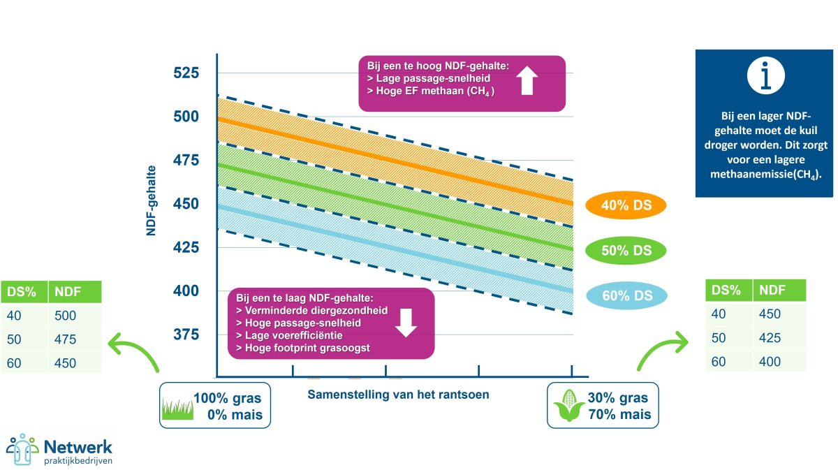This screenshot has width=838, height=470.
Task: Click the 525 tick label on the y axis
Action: (x=185, y=73)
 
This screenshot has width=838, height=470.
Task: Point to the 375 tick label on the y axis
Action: (x=185, y=335)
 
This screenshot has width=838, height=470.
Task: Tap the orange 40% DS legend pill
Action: (x=624, y=205)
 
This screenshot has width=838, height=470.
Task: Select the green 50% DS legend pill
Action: (x=624, y=250)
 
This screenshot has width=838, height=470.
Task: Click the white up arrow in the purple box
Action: (x=527, y=80)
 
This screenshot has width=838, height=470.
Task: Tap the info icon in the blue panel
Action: (x=765, y=75)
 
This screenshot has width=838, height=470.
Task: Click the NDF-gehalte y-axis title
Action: (x=152, y=199)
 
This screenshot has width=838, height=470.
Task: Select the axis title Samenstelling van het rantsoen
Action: (x=398, y=395)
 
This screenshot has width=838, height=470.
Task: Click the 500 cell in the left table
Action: (x=64, y=316)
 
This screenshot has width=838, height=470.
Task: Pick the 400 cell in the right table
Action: (x=770, y=362)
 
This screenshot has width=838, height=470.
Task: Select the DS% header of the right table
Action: (x=727, y=290)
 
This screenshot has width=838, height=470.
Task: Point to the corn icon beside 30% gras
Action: (x=568, y=406)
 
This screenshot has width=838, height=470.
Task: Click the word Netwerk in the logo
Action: (x=78, y=446)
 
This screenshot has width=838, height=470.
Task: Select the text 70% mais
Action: (x=619, y=414)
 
